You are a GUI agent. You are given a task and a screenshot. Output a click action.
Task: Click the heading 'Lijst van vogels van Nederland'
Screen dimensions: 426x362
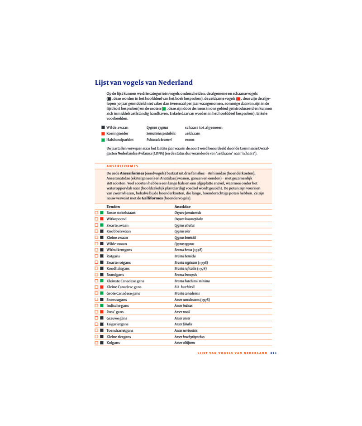(x=143, y=82)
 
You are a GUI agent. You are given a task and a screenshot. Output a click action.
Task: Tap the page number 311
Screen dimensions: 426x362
(x=273, y=353)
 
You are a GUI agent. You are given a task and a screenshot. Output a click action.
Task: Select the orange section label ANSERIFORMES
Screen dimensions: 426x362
(x=122, y=166)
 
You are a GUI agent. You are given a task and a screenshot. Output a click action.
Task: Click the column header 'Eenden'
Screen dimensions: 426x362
(x=113, y=207)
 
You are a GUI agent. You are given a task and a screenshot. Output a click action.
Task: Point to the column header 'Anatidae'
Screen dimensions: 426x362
(x=182, y=207)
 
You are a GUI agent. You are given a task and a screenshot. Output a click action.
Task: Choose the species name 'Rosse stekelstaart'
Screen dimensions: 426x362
(x=121, y=213)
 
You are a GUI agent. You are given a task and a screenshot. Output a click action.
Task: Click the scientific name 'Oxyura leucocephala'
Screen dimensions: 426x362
(x=189, y=219)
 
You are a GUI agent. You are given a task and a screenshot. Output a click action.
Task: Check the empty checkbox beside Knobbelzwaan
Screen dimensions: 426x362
(x=96, y=231)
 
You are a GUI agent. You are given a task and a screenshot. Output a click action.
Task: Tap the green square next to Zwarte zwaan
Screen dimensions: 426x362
(x=102, y=225)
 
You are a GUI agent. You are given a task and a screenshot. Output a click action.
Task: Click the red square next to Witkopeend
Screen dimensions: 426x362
(x=102, y=219)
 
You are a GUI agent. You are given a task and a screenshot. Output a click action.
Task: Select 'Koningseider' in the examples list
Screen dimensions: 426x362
(x=118, y=134)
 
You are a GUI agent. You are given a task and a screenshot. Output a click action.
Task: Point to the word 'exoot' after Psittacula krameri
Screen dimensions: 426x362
(x=190, y=140)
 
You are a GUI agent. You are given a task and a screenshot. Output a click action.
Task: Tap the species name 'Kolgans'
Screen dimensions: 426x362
(x=113, y=343)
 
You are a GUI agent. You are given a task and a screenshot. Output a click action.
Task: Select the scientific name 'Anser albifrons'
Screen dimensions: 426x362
(x=185, y=343)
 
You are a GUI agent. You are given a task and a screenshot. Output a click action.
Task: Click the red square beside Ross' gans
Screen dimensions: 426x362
(x=102, y=312)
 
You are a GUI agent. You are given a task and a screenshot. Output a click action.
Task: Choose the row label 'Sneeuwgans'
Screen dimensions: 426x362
(x=117, y=300)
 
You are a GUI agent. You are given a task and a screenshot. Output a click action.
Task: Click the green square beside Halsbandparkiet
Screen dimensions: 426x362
(x=103, y=140)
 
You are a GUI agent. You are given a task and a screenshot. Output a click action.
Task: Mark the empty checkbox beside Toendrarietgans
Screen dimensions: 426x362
(x=96, y=330)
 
